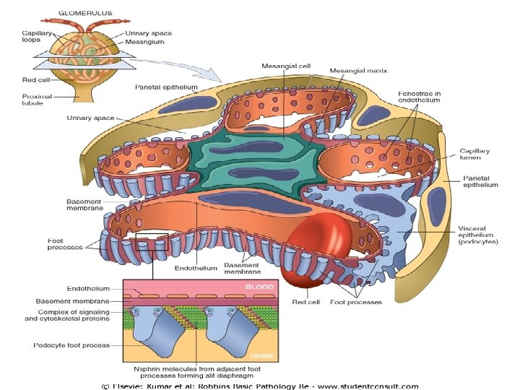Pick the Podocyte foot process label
coord(71,345)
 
